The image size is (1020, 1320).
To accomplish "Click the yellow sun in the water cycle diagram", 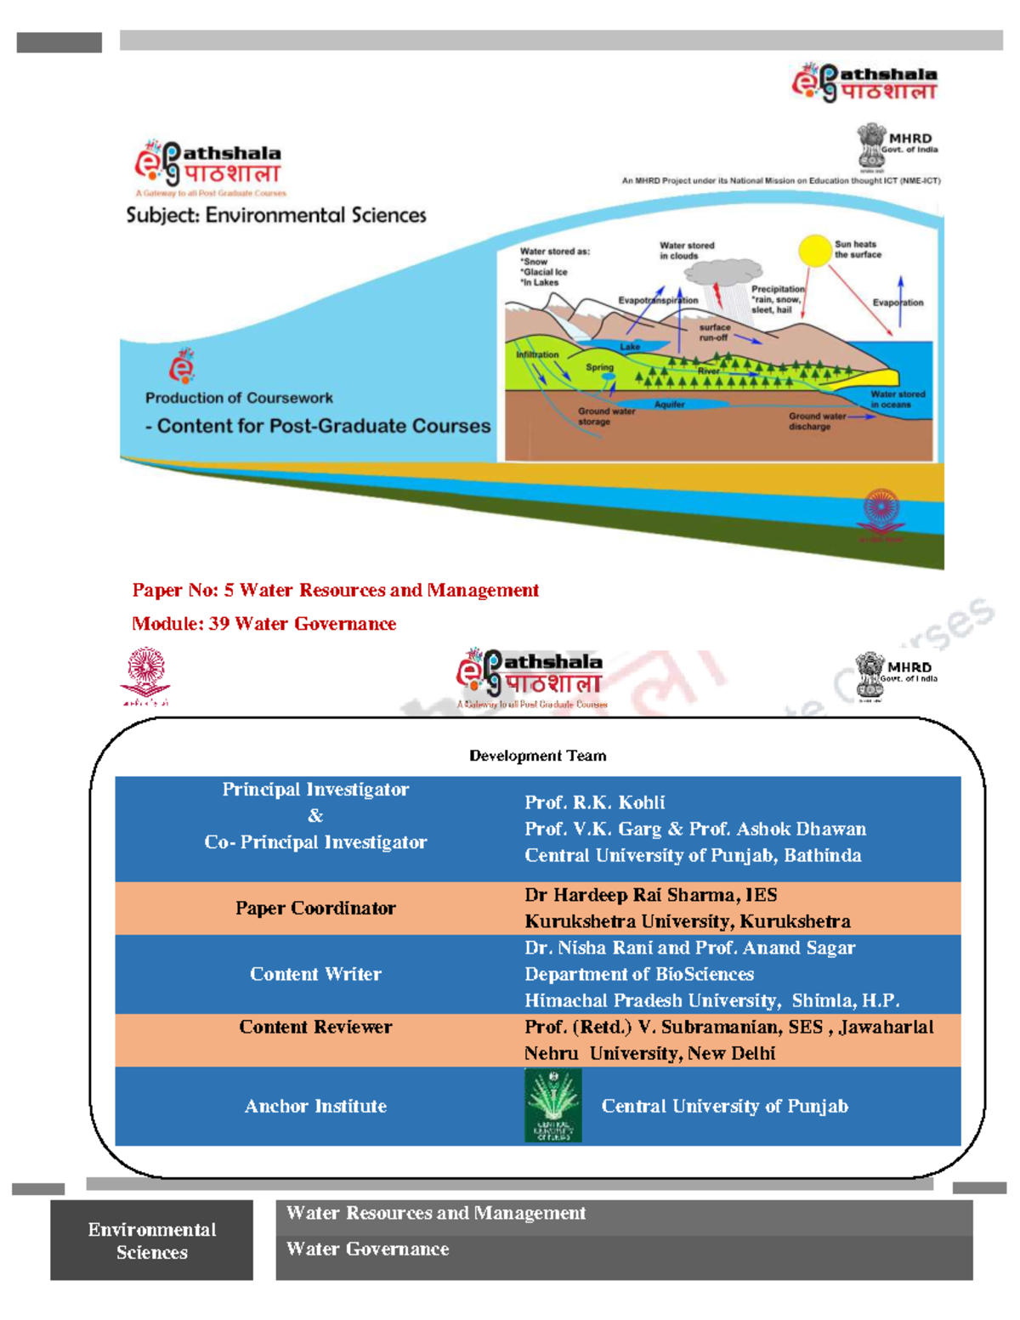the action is (x=814, y=251).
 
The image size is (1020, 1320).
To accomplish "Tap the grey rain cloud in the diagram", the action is (x=722, y=273).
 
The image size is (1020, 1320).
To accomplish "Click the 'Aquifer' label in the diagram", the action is (x=669, y=405).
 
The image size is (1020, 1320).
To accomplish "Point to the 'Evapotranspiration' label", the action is (x=658, y=300).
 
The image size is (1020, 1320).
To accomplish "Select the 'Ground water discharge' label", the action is (x=816, y=422).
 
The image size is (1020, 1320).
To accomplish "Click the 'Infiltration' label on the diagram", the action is (x=537, y=354).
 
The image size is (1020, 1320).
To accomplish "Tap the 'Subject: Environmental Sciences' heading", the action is (x=276, y=215).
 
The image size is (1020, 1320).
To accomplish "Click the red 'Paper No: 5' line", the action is (x=335, y=590).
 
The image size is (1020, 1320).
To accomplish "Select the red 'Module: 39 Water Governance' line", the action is (x=263, y=624).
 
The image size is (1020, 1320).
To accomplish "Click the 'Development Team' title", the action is (x=537, y=756).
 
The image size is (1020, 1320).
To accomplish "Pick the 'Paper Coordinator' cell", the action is (x=315, y=908).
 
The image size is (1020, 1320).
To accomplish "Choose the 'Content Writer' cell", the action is (x=315, y=974).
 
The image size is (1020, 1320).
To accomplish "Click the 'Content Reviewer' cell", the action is (x=315, y=1027).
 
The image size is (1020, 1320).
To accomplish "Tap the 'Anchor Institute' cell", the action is (x=315, y=1106).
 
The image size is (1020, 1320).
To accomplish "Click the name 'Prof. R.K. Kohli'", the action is (x=594, y=802).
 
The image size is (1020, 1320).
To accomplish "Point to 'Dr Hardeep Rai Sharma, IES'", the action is (x=650, y=895).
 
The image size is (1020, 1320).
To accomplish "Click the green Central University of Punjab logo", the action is (x=553, y=1105).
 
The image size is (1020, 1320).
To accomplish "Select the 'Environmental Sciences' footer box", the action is (x=151, y=1240).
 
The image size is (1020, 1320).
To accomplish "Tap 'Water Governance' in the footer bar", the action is (x=367, y=1249).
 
